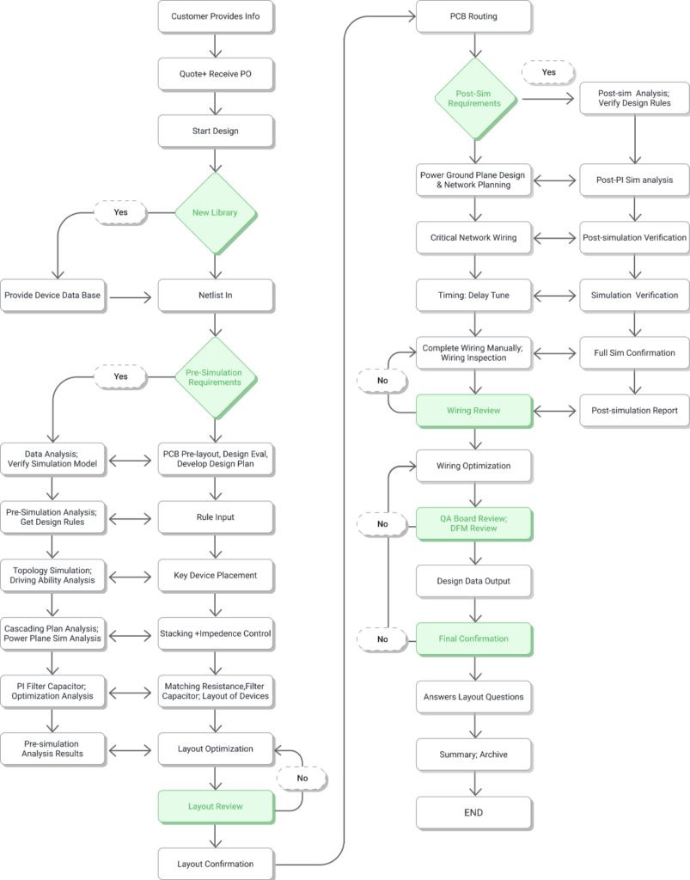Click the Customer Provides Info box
click(x=216, y=16)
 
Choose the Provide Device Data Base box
click(x=52, y=296)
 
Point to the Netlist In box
click(x=216, y=296)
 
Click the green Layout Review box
click(x=216, y=806)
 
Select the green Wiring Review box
click(x=473, y=411)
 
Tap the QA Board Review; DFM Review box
click(x=473, y=523)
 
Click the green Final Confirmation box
click(x=473, y=639)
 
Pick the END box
click(x=473, y=812)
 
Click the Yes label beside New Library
click(x=120, y=211)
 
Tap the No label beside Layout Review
click(x=302, y=777)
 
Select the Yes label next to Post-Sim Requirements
click(x=548, y=73)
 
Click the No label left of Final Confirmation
click(x=382, y=639)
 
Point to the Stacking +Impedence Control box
click(x=216, y=633)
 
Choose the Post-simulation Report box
click(x=634, y=411)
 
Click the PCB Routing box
click(x=473, y=16)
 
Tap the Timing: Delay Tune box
click(x=473, y=295)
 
